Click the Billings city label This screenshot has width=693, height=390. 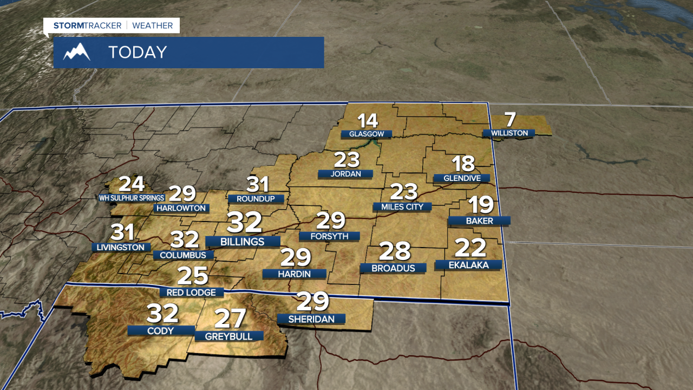243,242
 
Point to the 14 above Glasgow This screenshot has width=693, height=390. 367,120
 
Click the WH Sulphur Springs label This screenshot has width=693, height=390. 131,198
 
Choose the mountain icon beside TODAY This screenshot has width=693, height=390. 76,53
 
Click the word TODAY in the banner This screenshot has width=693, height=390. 138,53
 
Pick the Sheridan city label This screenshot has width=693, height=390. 311,319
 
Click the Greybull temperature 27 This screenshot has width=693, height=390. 230,318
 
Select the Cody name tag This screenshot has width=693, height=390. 161,330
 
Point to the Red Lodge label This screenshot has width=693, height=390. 192,292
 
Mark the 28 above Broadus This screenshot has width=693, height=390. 395,251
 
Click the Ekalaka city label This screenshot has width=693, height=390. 469,265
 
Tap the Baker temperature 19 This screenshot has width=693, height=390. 480,205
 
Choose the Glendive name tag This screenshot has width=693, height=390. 461,178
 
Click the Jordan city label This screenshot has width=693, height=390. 346,174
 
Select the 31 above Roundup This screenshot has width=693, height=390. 258,184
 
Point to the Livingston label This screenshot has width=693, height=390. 121,247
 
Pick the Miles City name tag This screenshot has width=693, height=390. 402,206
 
